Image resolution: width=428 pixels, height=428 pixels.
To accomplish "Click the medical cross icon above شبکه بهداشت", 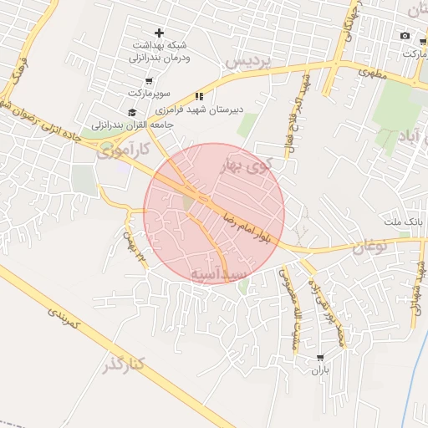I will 160,32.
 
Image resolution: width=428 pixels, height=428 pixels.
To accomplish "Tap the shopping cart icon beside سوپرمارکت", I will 149,82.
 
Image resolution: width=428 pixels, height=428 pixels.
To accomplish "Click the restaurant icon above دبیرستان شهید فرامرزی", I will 199,95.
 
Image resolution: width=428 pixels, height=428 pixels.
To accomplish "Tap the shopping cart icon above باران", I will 319,358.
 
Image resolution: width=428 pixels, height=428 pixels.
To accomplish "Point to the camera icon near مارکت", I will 405,36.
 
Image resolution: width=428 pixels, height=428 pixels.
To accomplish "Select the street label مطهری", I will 374,74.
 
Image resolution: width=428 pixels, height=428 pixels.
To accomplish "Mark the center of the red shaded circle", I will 214,213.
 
